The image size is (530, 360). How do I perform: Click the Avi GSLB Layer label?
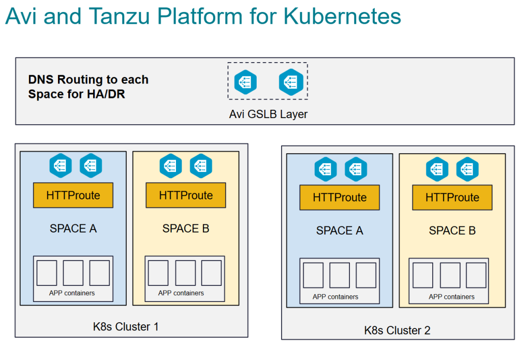268,114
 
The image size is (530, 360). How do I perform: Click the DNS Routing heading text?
88,87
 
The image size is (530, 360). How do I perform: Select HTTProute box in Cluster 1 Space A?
73,195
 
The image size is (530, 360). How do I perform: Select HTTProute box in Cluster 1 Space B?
186,195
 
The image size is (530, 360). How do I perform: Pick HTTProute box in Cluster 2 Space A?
340,197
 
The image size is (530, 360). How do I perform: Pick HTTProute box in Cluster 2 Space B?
452,197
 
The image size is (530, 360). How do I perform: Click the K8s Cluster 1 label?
126,326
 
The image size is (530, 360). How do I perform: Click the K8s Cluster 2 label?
397,330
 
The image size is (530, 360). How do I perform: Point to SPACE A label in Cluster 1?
73,228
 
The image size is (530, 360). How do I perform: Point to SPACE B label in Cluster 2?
452,231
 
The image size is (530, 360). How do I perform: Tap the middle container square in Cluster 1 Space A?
73,273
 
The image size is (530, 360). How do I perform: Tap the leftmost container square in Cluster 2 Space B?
423,276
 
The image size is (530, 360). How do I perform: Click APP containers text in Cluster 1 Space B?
181,293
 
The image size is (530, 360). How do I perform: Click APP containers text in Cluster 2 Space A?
335,297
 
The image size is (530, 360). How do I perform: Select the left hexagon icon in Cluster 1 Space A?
61,165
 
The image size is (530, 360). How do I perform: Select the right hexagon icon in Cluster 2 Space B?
467,169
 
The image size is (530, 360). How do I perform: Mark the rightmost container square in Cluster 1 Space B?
211,273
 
